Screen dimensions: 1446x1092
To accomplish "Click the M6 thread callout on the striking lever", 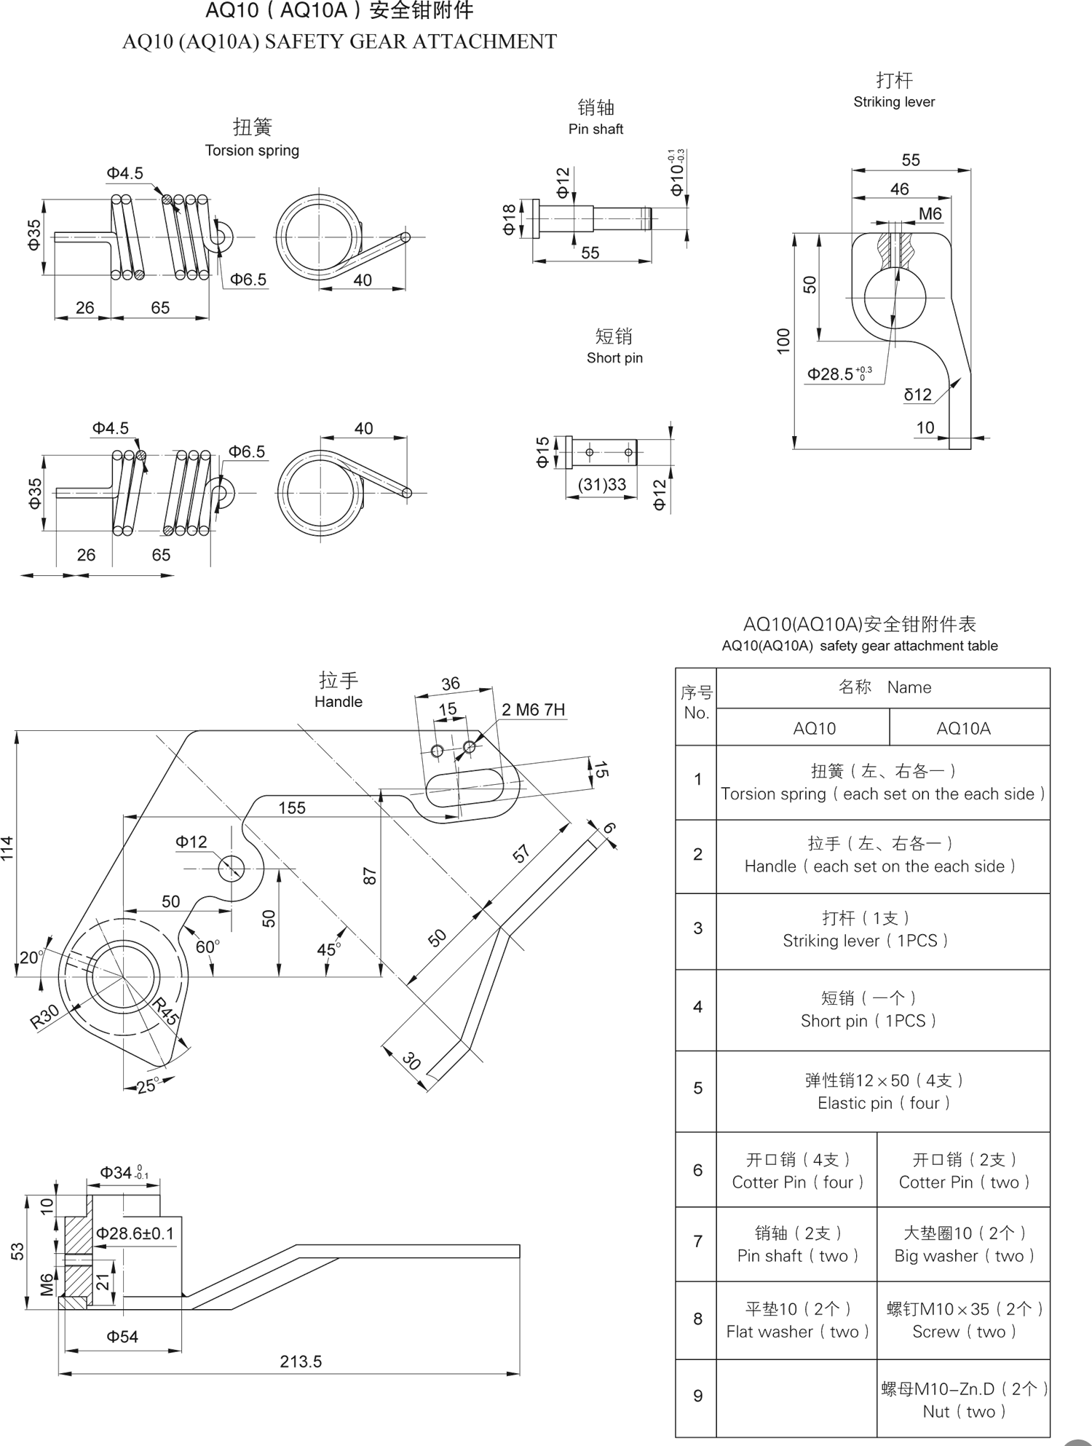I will (930, 214).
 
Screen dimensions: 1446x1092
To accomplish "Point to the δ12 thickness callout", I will (917, 395).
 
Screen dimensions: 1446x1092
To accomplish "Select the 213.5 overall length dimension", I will (301, 1361).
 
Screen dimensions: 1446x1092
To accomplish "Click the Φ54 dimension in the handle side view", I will (122, 1336).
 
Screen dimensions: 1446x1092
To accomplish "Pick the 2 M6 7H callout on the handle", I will (533, 710).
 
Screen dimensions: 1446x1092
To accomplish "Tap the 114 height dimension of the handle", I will (8, 848).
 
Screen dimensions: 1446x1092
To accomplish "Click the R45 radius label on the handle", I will (165, 1013).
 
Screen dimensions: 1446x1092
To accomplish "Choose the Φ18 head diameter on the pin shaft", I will (509, 218).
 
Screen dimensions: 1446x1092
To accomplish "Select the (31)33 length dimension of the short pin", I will (601, 485).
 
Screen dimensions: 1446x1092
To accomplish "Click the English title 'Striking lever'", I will (894, 102).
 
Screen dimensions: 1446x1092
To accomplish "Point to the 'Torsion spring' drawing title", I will (252, 151).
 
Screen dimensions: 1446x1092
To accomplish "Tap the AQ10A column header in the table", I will (962, 728).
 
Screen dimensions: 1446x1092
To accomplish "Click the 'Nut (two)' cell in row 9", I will (964, 1412).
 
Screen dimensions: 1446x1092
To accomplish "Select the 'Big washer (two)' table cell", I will (964, 1256).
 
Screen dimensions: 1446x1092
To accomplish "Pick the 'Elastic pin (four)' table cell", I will (883, 1103).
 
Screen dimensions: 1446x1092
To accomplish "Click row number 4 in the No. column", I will (697, 1007).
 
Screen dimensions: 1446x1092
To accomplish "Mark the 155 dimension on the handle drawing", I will (292, 807).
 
